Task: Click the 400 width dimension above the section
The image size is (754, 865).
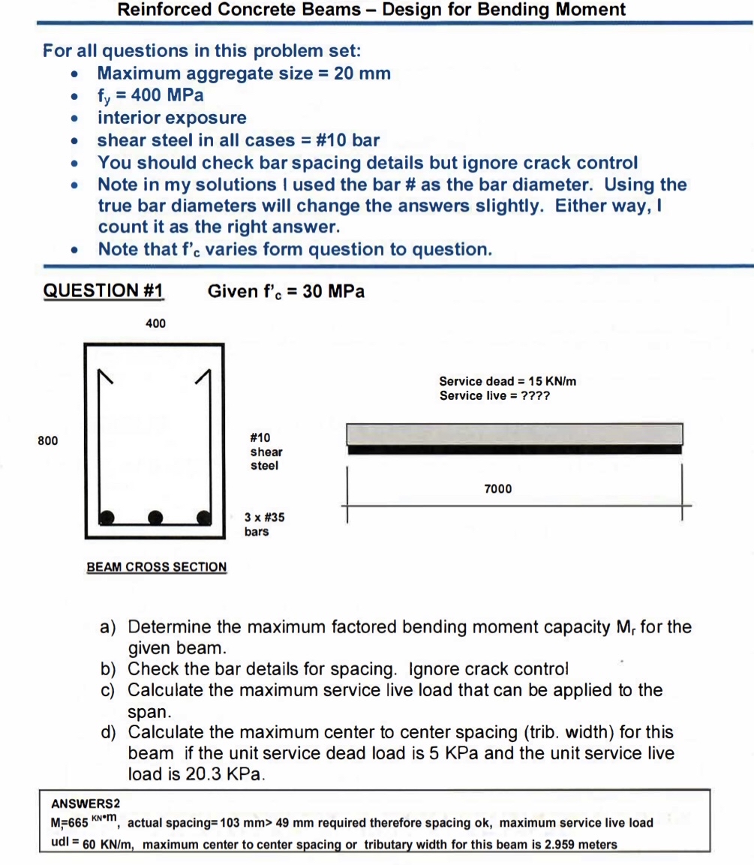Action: [156, 323]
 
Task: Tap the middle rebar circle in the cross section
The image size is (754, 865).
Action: [155, 516]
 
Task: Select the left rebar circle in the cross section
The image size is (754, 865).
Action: [108, 516]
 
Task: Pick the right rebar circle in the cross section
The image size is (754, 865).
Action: [203, 516]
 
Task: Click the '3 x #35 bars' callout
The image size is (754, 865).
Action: [264, 524]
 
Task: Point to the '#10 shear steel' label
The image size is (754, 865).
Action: [266, 452]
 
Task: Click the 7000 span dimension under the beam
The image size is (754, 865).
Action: [498, 489]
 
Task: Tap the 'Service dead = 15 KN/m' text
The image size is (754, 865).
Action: [507, 381]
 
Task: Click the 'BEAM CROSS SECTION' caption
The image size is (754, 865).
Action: [157, 567]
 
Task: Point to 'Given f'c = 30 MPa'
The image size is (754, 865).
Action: [286, 291]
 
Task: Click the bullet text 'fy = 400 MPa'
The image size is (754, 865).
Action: [150, 96]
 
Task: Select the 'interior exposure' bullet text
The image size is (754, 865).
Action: [172, 118]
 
